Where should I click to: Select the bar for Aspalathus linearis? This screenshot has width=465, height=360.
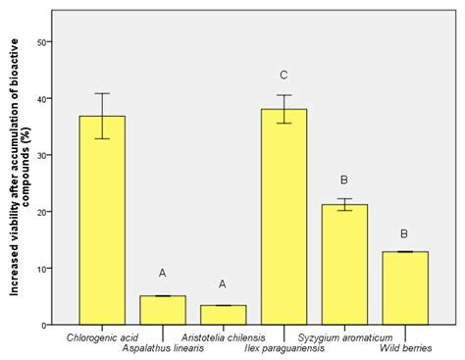coord(163,310)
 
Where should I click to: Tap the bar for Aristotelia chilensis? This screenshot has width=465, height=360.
coord(223,315)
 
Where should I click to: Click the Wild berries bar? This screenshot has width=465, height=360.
coord(405,288)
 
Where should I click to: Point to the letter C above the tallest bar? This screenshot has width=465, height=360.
coord(284,75)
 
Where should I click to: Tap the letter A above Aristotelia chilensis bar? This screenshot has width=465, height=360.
coord(223,284)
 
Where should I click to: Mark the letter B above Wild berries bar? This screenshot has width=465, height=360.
coord(405,233)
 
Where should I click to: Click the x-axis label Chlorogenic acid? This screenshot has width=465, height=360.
coord(102,338)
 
